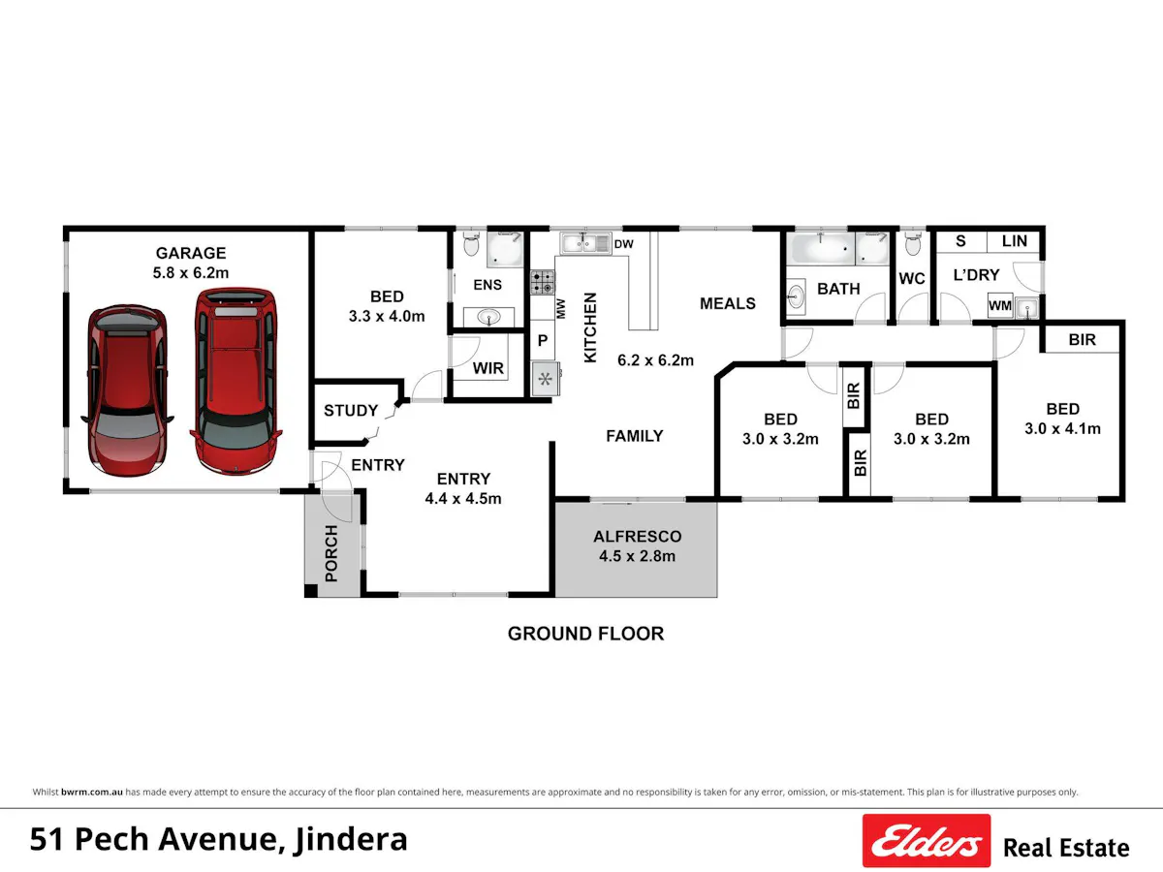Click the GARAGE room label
[191, 253]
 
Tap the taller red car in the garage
[236, 381]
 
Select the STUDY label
[351, 410]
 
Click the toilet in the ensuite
[470, 244]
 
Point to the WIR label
[488, 368]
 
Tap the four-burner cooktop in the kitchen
[543, 282]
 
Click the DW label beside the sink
[623, 244]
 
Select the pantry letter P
[543, 340]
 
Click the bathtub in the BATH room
[820, 248]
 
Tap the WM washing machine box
[1000, 306]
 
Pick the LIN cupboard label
[1014, 241]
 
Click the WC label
[912, 278]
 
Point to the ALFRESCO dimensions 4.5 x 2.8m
[637, 556]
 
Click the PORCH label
[331, 553]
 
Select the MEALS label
[728, 303]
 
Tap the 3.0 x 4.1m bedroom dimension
[1062, 429]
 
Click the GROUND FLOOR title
[585, 634]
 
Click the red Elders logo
[927, 840]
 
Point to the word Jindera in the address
[351, 840]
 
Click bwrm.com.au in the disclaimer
[92, 792]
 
